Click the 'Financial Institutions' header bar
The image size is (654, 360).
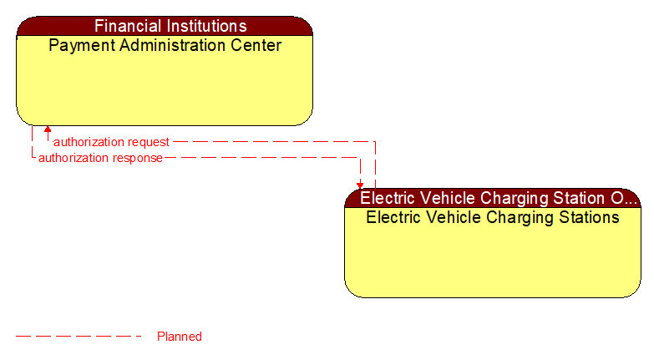tap(165, 26)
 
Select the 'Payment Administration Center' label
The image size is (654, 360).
tap(165, 45)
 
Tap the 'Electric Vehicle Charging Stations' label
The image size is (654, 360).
tap(493, 218)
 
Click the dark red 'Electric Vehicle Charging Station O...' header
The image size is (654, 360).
tap(493, 199)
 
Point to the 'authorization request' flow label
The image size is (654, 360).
tap(111, 142)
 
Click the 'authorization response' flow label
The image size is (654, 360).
tap(100, 158)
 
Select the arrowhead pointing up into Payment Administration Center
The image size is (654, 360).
tap(48, 130)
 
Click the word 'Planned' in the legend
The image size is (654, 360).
tap(180, 337)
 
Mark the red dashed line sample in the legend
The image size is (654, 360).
tap(79, 337)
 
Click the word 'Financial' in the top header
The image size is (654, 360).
tap(128, 26)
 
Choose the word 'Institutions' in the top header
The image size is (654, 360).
tap(205, 26)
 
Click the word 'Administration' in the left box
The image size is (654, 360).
tap(169, 45)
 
